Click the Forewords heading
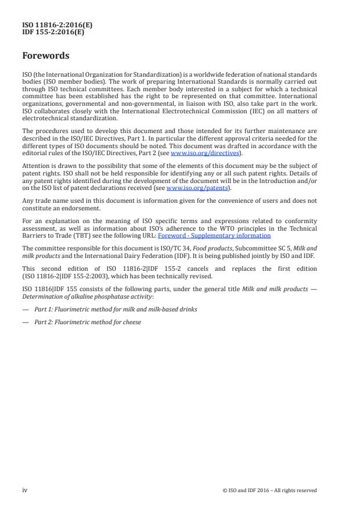pyautogui.click(x=46, y=56)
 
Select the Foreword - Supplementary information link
pyautogui.click(x=214, y=235)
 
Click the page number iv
pyautogui.click(x=25, y=490)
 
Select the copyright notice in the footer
pyautogui.click(x=269, y=490)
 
